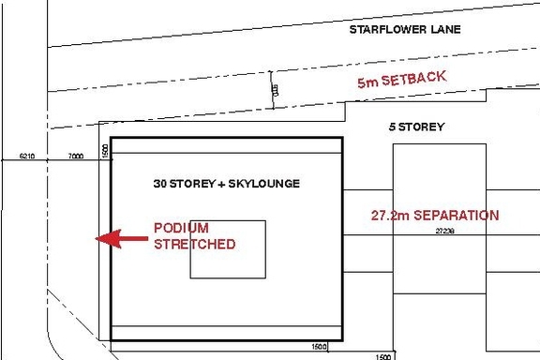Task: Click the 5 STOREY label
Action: coord(416,127)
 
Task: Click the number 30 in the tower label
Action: coord(160,184)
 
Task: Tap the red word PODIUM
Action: coord(181,228)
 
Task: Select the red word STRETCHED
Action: coord(194,244)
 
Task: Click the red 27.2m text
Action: coord(387,216)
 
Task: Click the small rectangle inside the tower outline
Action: coord(228,249)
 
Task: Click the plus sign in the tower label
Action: coord(221,184)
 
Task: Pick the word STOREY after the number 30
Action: coord(193,184)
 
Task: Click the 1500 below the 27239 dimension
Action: coord(382,357)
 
